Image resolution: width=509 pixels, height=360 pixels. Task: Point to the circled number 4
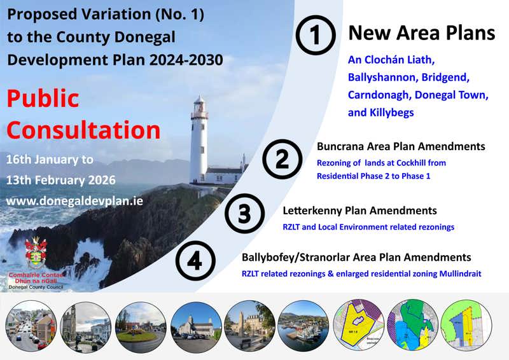click(x=195, y=262)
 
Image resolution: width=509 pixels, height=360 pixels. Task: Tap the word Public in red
click(x=43, y=99)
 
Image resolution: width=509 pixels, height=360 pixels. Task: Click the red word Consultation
click(x=83, y=130)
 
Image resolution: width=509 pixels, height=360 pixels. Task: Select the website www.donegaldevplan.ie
click(x=74, y=200)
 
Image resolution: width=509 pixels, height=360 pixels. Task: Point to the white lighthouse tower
click(x=199, y=137)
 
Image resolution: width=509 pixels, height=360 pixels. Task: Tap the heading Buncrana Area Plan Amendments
click(x=401, y=147)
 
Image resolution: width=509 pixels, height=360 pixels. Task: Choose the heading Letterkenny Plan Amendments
click(x=359, y=211)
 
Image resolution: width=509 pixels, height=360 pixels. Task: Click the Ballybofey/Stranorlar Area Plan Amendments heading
click(x=356, y=258)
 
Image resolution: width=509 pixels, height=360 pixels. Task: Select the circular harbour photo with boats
click(x=303, y=326)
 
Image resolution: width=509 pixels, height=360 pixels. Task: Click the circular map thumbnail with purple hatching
click(x=360, y=326)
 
